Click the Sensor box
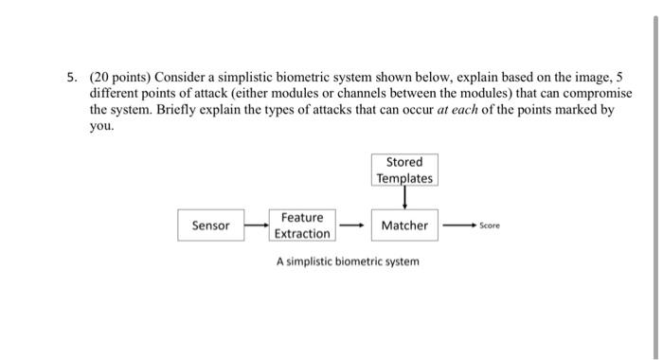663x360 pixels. click(x=210, y=225)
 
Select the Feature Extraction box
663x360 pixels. click(x=302, y=225)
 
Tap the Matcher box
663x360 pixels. click(x=404, y=225)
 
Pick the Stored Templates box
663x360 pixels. click(x=404, y=170)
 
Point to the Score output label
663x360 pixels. click(x=490, y=225)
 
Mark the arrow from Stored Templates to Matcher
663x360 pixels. click(x=404, y=198)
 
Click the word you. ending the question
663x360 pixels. click(x=101, y=125)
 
